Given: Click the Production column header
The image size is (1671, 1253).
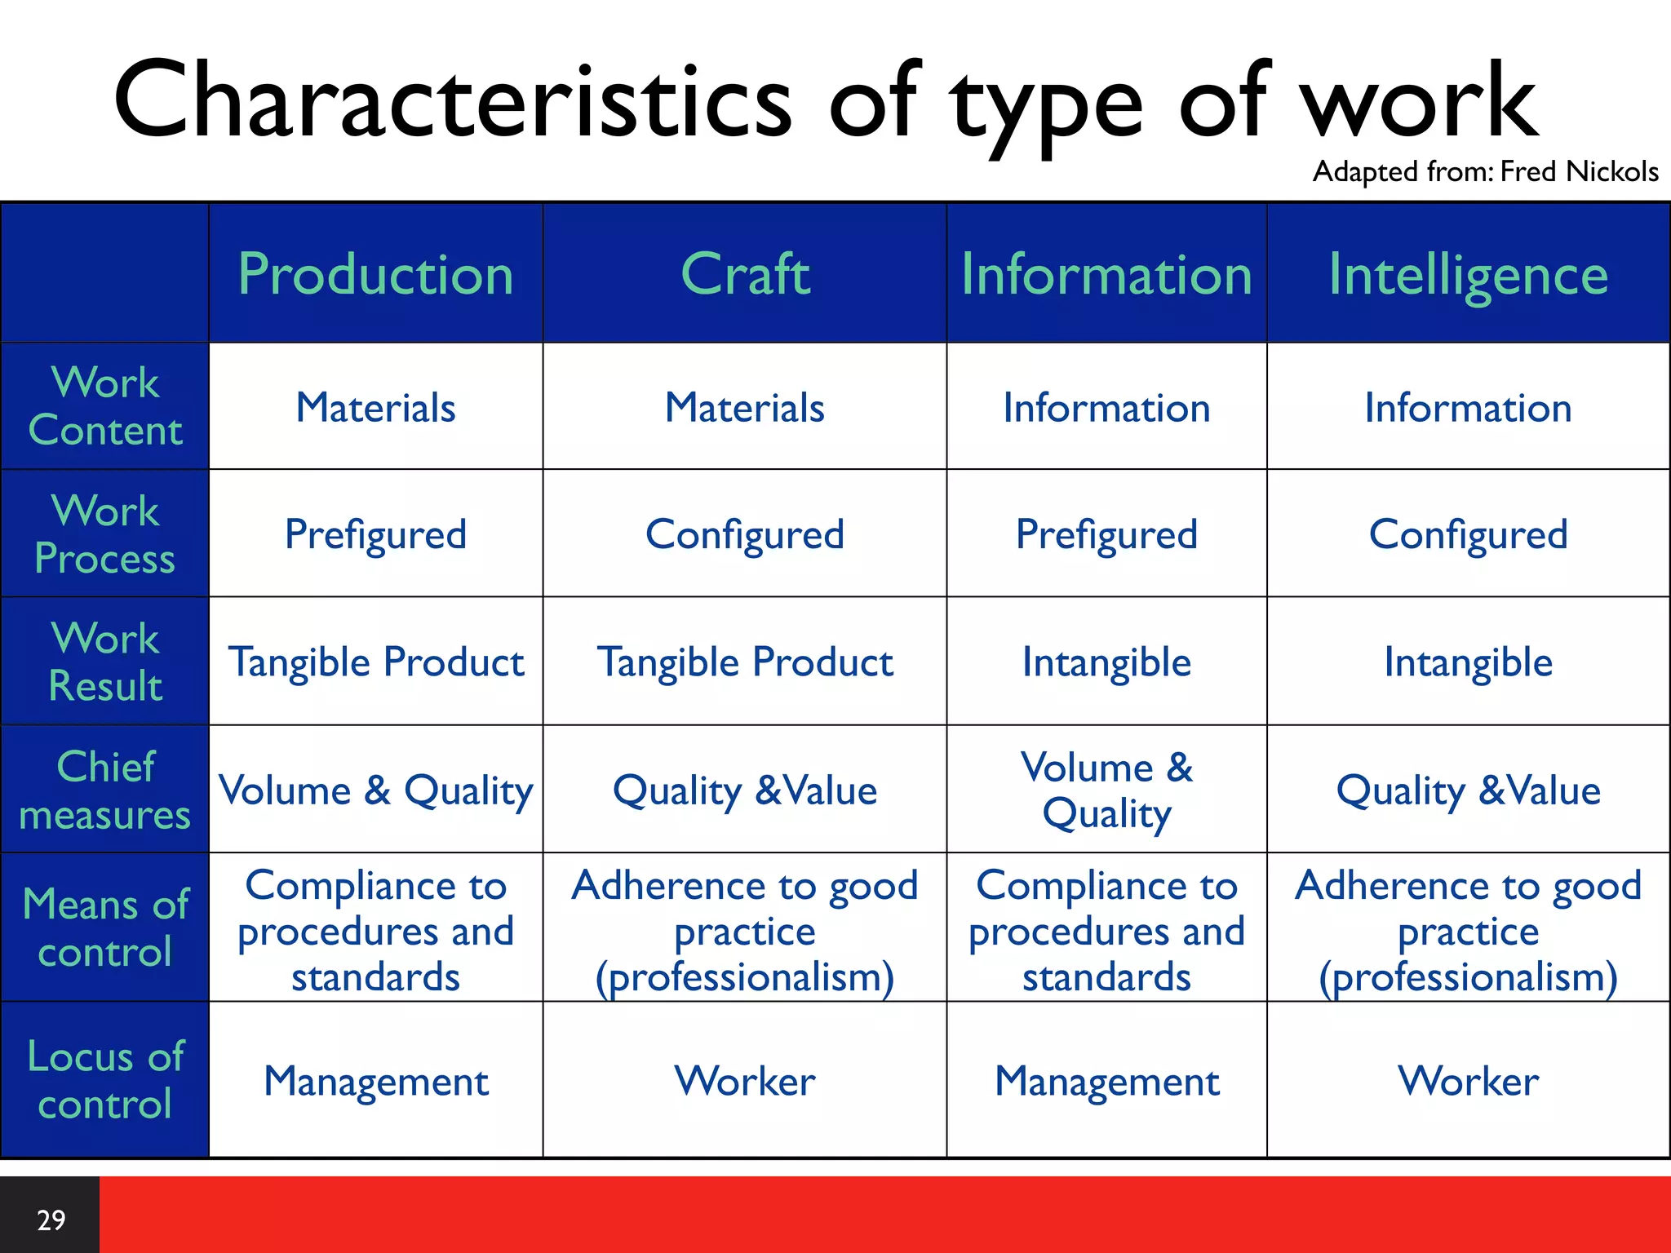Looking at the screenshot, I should (x=376, y=274).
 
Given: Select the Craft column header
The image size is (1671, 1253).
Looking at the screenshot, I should (x=745, y=274).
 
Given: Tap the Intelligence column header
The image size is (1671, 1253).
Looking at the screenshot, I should (x=1468, y=274).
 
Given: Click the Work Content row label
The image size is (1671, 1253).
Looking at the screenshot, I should (x=105, y=406).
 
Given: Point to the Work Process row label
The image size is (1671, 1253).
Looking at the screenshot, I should (x=105, y=534).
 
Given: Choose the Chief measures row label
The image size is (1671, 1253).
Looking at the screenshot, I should (x=105, y=790).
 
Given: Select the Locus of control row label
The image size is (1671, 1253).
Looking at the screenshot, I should (x=105, y=1079).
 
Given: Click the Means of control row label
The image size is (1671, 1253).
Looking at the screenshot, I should (x=105, y=928).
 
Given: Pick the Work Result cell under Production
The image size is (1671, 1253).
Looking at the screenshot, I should (x=376, y=662).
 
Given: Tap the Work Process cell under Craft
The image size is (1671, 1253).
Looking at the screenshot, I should (x=745, y=534).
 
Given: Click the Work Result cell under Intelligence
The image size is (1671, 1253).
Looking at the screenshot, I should (x=1468, y=662).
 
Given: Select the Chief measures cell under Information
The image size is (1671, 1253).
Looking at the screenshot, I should (x=1106, y=790).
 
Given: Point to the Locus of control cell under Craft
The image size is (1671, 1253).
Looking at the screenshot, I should (x=745, y=1081).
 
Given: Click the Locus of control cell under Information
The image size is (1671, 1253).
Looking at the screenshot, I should (x=1106, y=1081).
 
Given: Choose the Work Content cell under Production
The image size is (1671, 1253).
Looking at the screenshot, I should (x=376, y=407).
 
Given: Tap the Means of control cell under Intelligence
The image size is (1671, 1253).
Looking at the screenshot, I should (x=1468, y=930).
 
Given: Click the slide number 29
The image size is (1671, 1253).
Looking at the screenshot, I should (x=51, y=1220).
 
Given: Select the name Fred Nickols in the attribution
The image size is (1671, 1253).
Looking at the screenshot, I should (x=1579, y=171).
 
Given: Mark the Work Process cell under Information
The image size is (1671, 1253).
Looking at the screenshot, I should (x=1106, y=534).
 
